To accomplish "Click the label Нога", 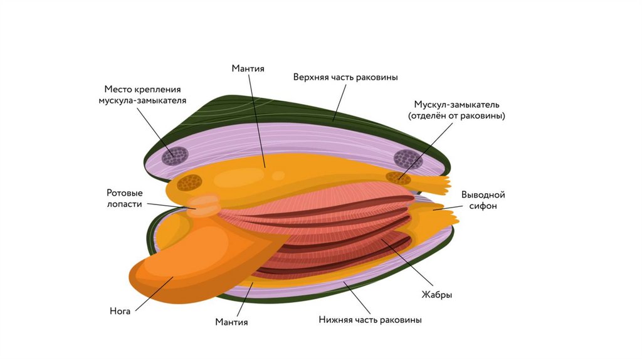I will [x=120, y=310].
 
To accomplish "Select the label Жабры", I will [x=437, y=294].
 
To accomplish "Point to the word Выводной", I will [x=483, y=194].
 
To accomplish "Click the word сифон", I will [x=483, y=206].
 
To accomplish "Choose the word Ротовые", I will [x=125, y=193].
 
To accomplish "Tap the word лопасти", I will [x=125, y=204].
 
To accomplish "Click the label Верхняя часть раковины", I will [x=345, y=77].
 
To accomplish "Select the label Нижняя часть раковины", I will [x=369, y=320].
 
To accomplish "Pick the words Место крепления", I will [x=142, y=89].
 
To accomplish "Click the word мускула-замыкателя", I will [x=142, y=100].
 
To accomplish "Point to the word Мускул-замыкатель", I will [x=456, y=104].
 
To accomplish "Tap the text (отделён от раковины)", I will [x=456, y=116].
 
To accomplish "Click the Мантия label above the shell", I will [x=248, y=68].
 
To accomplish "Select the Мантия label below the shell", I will [x=231, y=322].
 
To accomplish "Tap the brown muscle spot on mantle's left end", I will [x=189, y=183].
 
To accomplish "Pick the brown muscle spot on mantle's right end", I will [x=396, y=178].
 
